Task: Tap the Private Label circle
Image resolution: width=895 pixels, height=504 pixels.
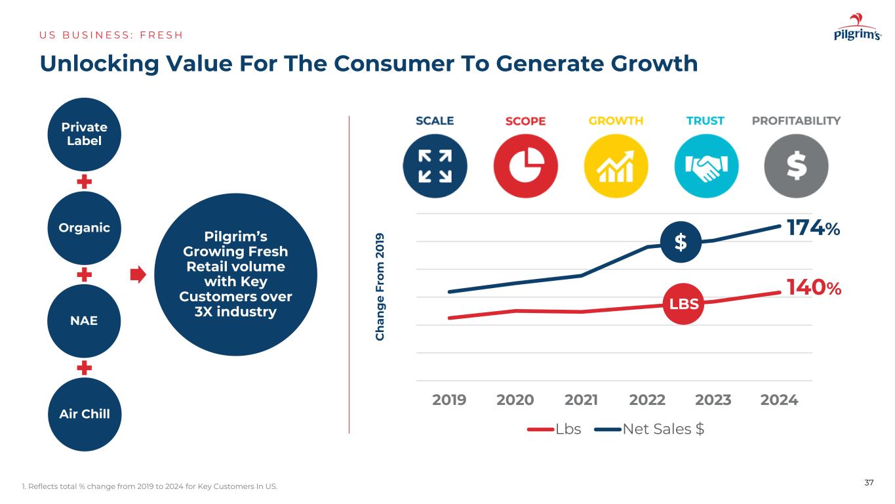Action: pos(85,134)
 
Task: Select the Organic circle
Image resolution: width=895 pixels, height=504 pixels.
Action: pos(85,228)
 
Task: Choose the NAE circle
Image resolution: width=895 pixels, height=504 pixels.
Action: pos(85,321)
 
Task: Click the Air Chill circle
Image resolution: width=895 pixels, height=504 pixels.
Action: pos(85,414)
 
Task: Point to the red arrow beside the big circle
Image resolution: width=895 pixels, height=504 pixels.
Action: pos(138,274)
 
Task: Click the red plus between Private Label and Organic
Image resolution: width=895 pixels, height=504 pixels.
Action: pos(84,181)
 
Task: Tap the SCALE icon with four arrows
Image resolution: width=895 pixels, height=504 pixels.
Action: pos(435,165)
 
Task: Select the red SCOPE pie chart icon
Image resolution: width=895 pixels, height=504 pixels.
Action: pos(525,165)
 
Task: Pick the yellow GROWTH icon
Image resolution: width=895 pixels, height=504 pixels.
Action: pos(616,165)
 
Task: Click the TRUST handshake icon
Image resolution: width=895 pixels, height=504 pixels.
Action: pos(706,165)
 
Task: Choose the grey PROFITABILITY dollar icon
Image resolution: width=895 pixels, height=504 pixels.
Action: pos(796,165)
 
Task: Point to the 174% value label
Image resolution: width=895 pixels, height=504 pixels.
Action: pos(813,228)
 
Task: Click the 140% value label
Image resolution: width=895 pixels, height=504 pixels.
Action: pos(814,287)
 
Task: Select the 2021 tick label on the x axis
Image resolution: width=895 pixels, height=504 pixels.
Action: pos(581,400)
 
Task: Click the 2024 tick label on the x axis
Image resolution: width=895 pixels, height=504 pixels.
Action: pos(780,400)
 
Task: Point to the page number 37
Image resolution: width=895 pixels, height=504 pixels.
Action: pos(869,483)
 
